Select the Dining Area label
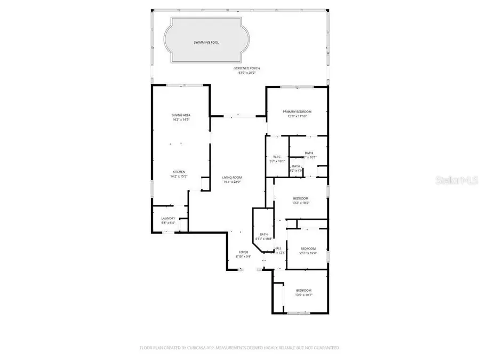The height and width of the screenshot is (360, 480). click(181, 115)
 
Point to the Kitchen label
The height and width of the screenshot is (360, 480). click(178, 172)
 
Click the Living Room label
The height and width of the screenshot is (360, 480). click(232, 178)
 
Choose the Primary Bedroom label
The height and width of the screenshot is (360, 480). click(297, 111)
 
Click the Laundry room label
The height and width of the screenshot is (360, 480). click(168, 218)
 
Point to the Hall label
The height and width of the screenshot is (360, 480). click(278, 249)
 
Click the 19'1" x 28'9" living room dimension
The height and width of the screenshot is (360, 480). click(232, 182)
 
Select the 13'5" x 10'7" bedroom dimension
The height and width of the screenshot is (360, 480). click(303, 294)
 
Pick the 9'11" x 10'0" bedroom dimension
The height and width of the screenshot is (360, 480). click(308, 253)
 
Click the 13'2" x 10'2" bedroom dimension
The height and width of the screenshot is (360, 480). click(300, 203)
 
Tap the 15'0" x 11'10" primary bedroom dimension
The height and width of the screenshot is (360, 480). click(297, 116)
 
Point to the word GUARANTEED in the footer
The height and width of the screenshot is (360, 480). click(325, 348)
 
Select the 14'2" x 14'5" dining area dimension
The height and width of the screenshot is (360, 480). click(181, 120)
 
